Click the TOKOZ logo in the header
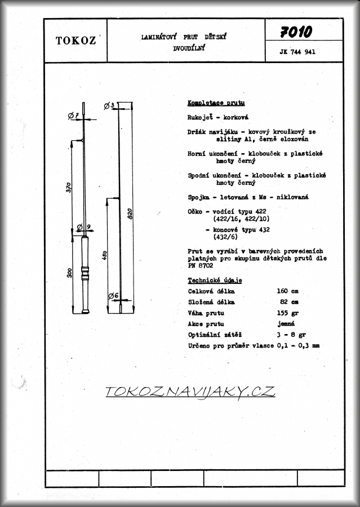click(x=75, y=41)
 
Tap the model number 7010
click(x=296, y=32)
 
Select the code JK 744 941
click(x=297, y=52)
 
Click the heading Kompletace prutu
click(x=216, y=103)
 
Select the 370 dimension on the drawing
click(x=69, y=188)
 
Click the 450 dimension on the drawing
click(x=104, y=255)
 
